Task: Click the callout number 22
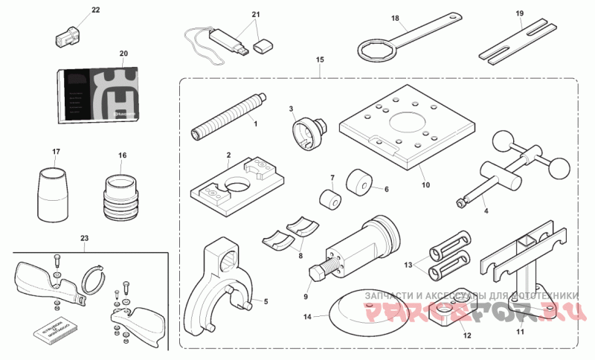[95, 10]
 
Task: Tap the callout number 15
[320, 59]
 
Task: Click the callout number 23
[84, 238]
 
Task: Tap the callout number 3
[292, 109]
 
